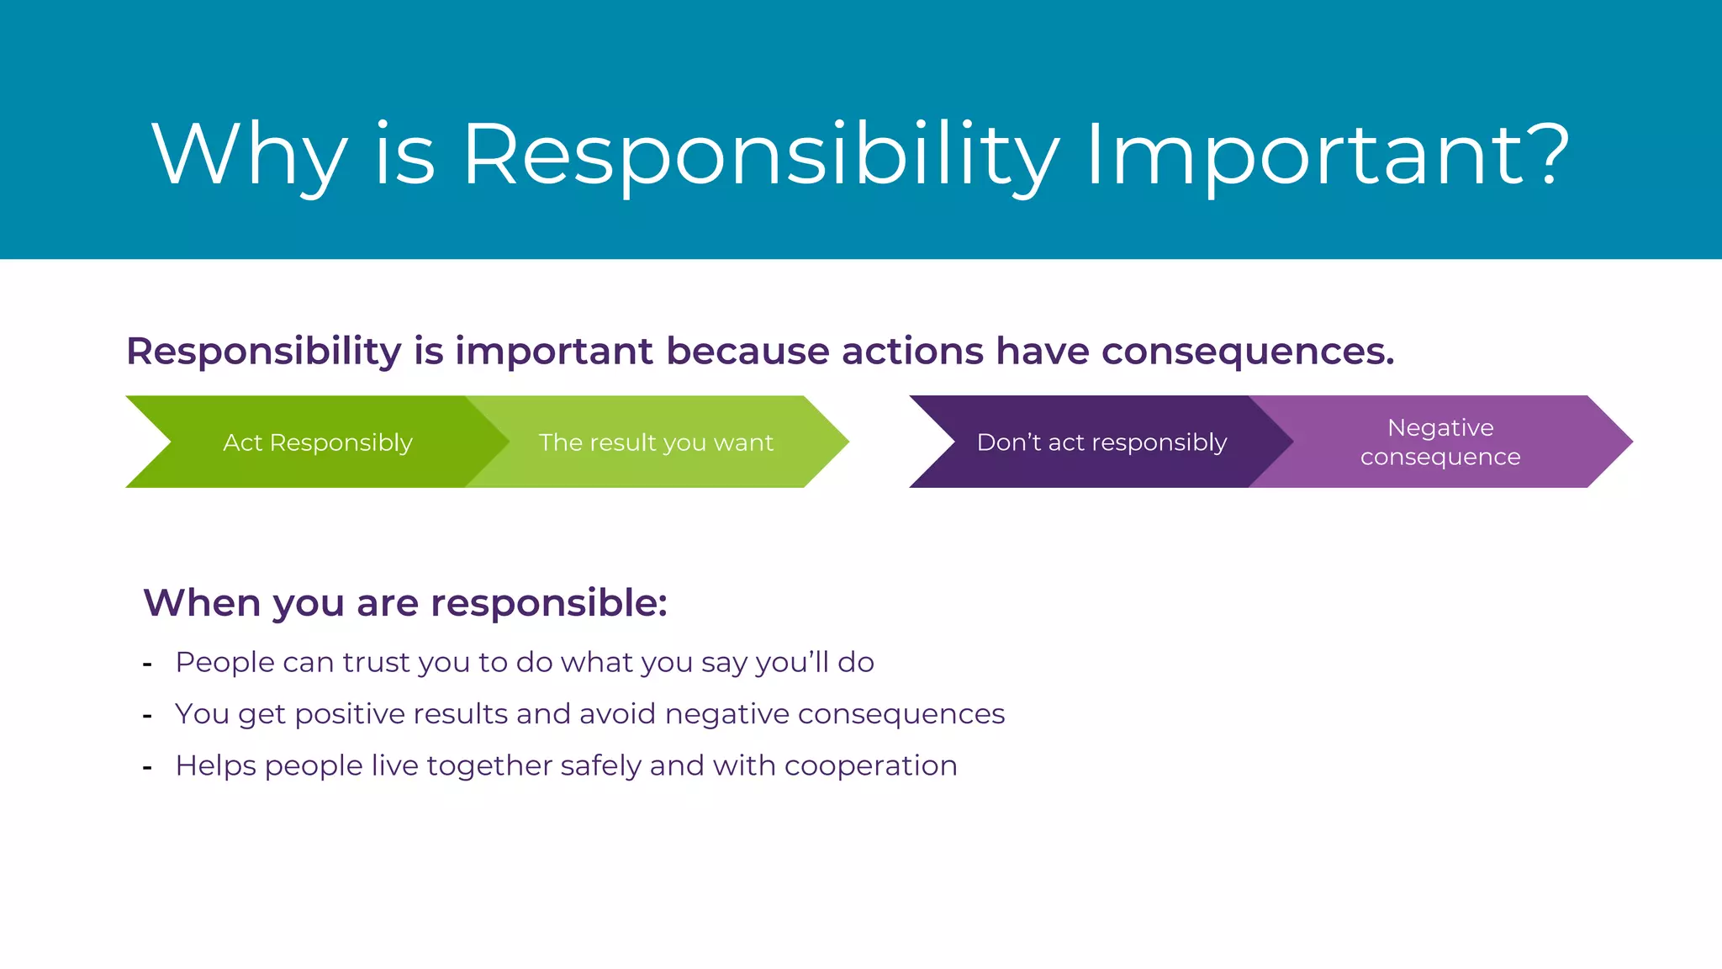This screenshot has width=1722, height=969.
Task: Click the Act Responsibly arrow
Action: click(x=317, y=442)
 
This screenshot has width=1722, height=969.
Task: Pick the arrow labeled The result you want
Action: click(x=655, y=442)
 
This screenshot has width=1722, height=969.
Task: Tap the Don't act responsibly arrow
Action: click(x=1101, y=442)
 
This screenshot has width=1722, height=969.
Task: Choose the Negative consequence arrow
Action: click(x=1439, y=442)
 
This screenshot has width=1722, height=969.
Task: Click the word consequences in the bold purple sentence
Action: click(x=1247, y=352)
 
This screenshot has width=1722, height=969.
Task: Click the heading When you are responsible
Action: click(x=405, y=603)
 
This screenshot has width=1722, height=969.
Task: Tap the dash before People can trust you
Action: click(x=147, y=665)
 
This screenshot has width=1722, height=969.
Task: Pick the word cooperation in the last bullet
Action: click(x=870, y=766)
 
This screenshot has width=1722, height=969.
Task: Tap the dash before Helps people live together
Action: click(x=147, y=768)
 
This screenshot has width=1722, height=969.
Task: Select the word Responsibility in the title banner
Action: click(x=761, y=156)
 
